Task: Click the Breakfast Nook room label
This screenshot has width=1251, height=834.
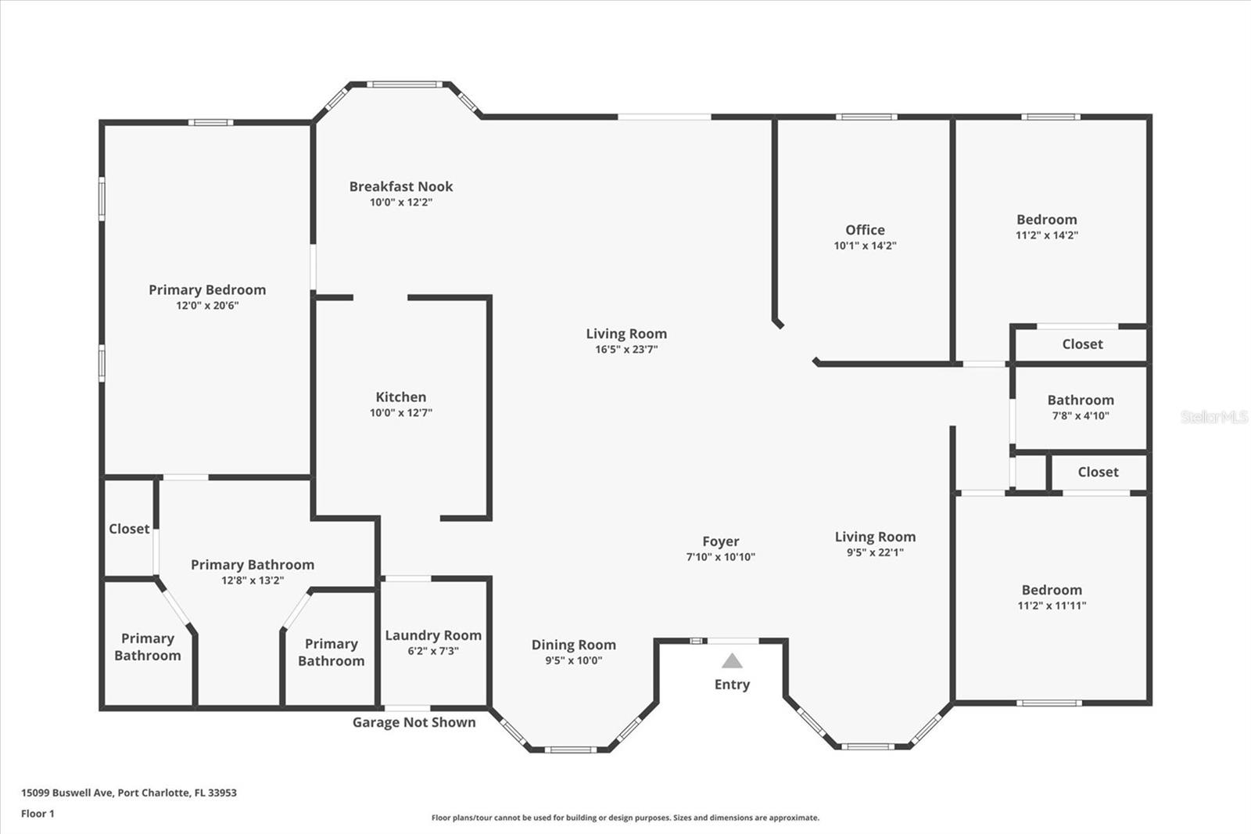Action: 400,186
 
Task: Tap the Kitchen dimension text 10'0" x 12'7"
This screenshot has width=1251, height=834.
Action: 400,413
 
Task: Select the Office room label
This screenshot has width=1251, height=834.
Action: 865,230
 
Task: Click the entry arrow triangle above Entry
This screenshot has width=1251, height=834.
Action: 732,661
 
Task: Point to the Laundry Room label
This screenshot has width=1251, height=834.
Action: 433,635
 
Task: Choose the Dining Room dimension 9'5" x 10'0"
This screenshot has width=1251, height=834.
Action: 573,660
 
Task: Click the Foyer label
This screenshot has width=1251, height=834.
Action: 720,541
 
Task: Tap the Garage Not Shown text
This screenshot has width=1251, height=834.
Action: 414,722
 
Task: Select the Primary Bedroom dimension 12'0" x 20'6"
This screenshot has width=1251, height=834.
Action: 207,306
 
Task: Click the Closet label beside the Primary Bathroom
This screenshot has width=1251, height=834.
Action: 129,529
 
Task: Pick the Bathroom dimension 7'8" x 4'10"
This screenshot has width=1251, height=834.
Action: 1081,416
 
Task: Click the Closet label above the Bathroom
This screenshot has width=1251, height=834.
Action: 1082,344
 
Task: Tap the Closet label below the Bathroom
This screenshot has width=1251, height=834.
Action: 1098,472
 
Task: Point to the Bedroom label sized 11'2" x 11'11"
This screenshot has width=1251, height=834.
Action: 1052,590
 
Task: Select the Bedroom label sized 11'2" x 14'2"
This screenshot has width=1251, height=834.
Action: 1046,220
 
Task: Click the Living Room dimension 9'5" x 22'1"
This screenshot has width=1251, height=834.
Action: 874,552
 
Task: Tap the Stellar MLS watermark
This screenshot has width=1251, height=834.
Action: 1213,417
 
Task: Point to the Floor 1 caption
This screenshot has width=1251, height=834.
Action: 38,814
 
